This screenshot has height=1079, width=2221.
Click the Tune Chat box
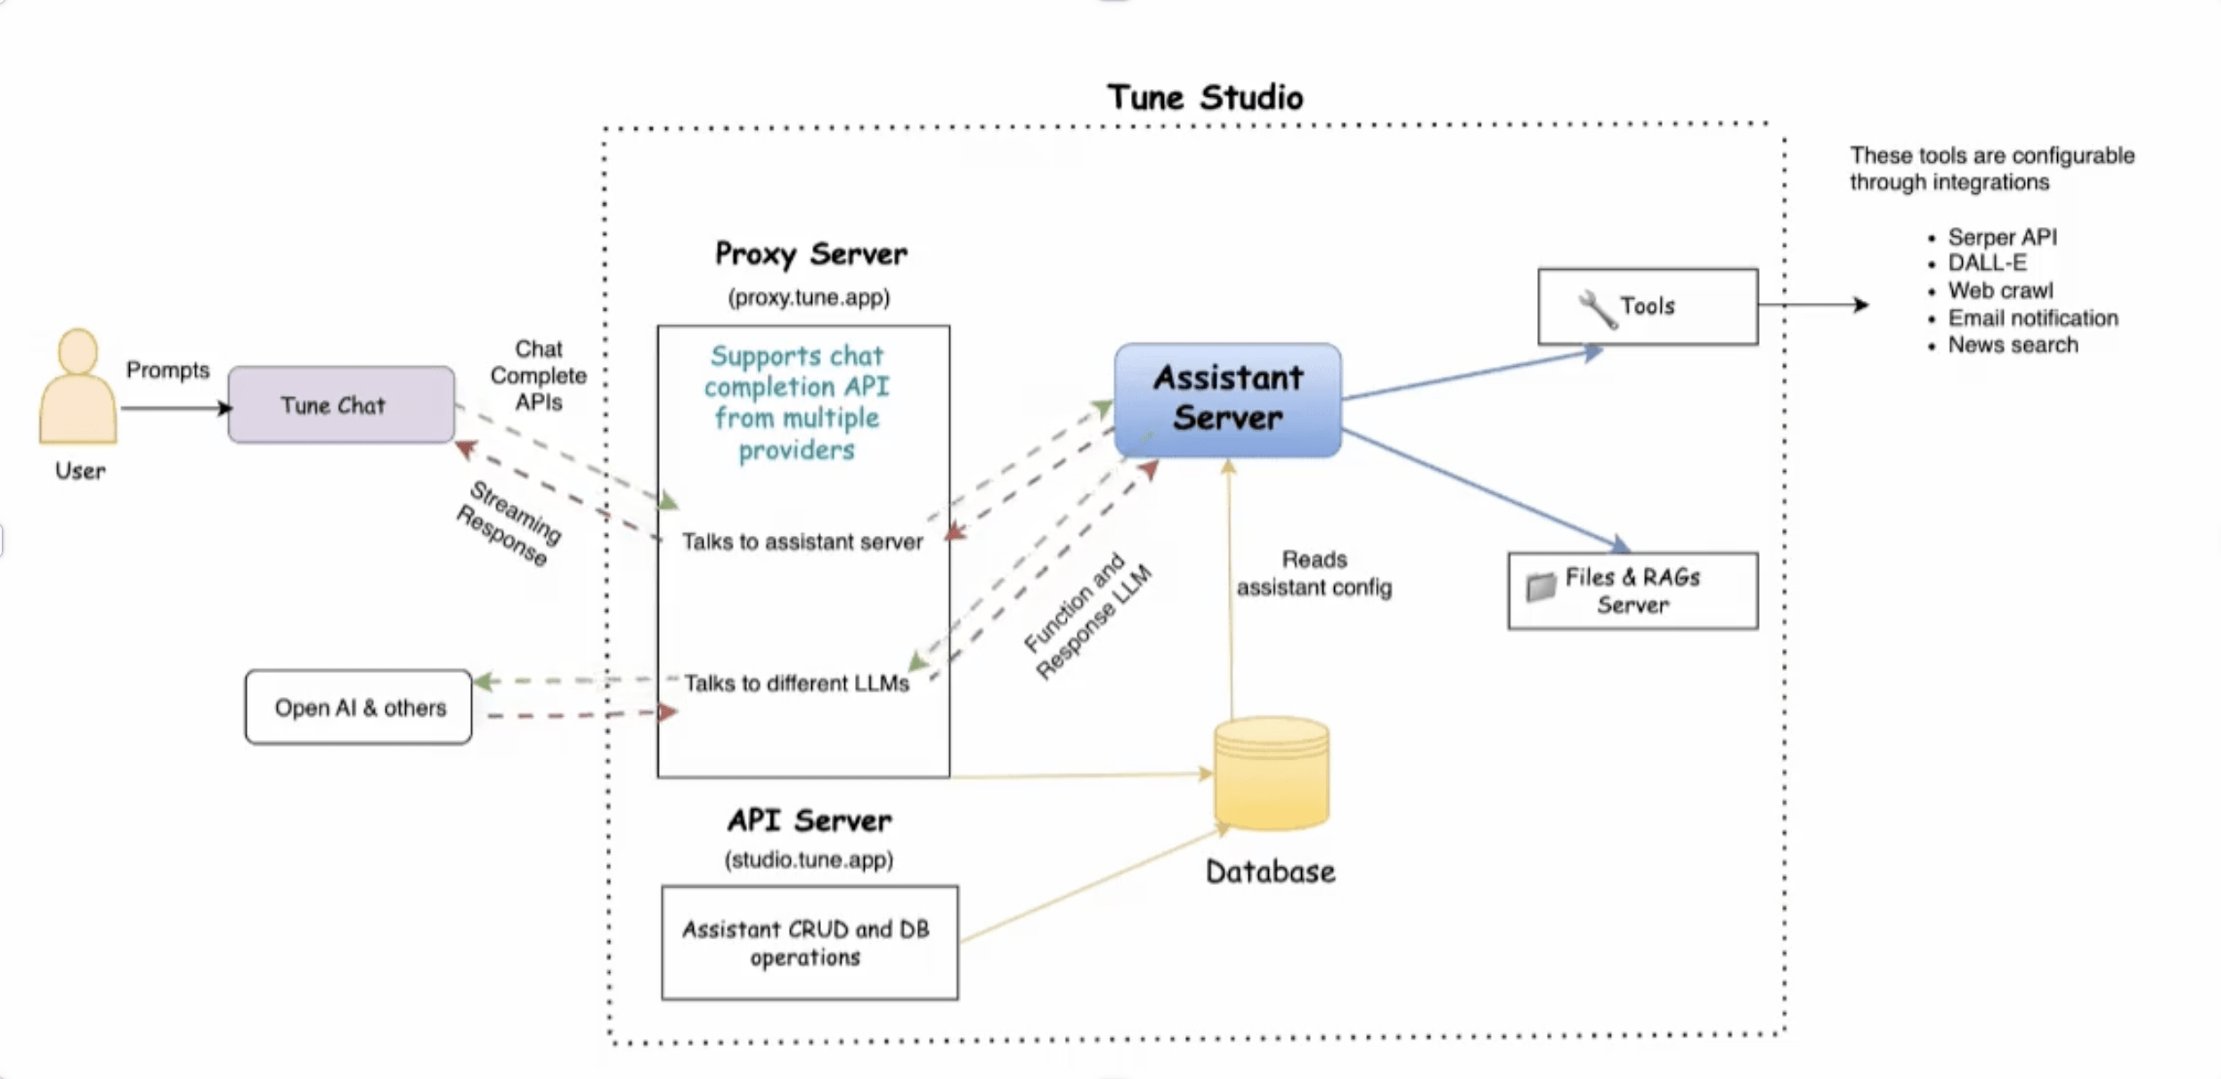tap(341, 404)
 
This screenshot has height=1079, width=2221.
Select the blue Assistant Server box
tap(1228, 400)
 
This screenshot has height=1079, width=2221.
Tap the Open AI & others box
tap(358, 707)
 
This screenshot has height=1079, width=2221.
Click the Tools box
tap(1647, 306)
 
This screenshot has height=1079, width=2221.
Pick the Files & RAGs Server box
tap(1632, 591)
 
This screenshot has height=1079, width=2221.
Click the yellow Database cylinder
tap(1271, 773)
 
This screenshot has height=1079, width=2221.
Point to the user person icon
tap(77, 385)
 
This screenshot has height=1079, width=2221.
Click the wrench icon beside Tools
tap(1597, 309)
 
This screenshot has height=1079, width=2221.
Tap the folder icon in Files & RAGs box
tap(1540, 587)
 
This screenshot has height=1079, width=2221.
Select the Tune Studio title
tap(1205, 97)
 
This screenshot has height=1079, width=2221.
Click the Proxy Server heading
tap(810, 255)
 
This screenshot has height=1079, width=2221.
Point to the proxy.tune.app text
tap(809, 297)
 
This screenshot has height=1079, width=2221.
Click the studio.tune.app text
tap(809, 860)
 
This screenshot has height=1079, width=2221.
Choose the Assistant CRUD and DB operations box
tap(809, 942)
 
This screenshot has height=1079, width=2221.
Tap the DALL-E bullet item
tap(1987, 263)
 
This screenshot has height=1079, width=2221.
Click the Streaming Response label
tap(508, 523)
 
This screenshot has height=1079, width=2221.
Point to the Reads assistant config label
tap(1314, 573)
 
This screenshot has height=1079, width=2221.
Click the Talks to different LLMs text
tap(796, 683)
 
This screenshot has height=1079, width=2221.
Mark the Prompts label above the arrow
tap(167, 370)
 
